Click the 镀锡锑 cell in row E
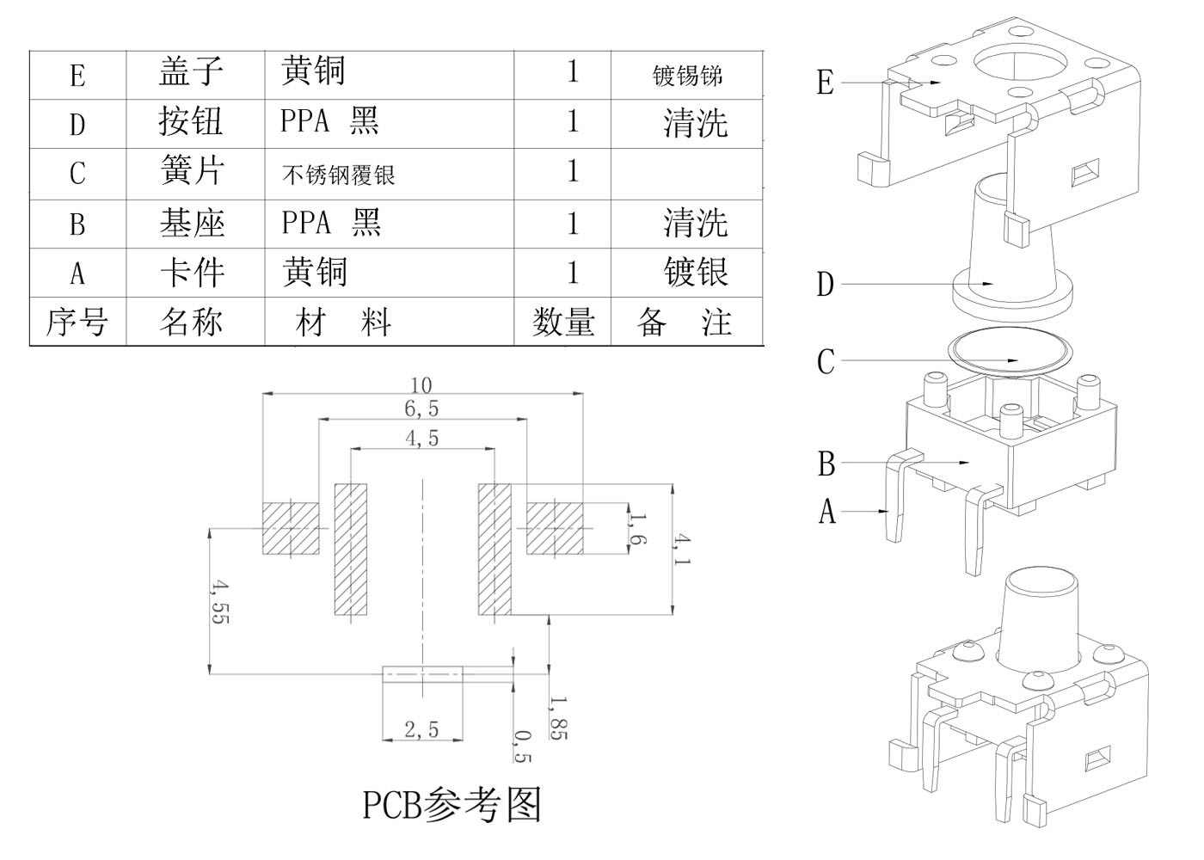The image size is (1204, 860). [687, 76]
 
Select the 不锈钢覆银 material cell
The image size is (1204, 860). [338, 175]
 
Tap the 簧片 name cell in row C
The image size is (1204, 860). [193, 171]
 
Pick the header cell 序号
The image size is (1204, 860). [77, 322]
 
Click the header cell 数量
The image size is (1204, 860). [563, 322]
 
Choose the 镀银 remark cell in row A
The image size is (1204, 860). [695, 273]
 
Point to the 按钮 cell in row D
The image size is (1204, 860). [191, 122]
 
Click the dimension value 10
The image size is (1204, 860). [421, 384]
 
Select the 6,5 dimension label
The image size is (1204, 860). [421, 408]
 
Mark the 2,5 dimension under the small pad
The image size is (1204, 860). [421, 730]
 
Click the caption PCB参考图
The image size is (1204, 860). [451, 805]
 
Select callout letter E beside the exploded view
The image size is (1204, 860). [825, 83]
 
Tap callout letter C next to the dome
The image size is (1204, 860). [826, 361]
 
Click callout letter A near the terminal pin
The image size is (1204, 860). [826, 512]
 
